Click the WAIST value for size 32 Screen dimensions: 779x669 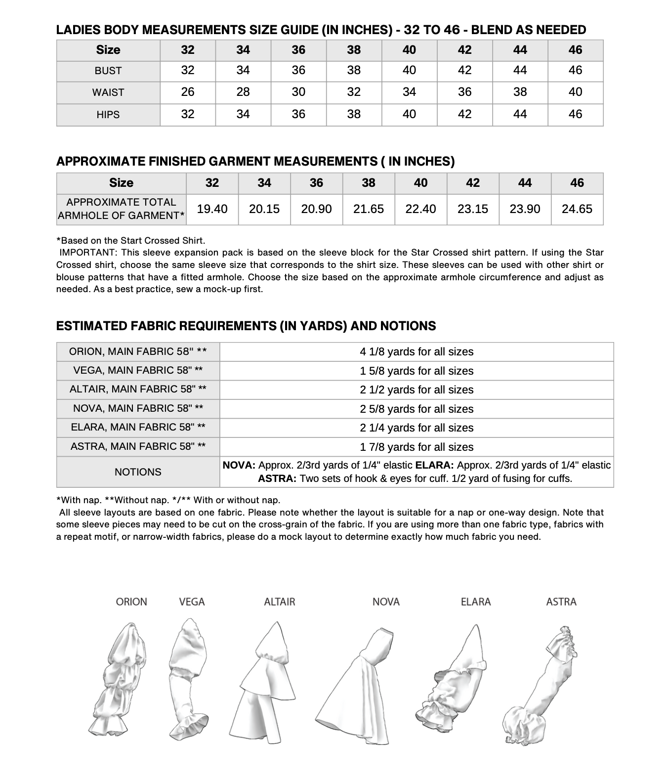click(188, 92)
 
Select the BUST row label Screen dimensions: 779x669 click(108, 71)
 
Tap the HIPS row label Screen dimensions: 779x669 click(108, 114)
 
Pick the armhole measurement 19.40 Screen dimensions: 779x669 click(212, 209)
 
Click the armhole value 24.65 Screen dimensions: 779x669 click(577, 209)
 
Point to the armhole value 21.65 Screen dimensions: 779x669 click(369, 209)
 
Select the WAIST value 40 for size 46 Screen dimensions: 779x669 click(575, 92)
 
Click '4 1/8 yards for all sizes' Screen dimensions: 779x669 click(417, 352)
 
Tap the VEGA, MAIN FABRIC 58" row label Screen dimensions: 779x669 click(138, 370)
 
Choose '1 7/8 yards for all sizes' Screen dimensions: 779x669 click(417, 447)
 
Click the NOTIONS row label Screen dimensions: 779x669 click(138, 472)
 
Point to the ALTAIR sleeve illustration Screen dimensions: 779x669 click(269, 682)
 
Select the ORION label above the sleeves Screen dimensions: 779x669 click(131, 602)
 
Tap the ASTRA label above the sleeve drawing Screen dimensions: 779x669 click(561, 602)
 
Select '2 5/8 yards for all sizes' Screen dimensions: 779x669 click(417, 409)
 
